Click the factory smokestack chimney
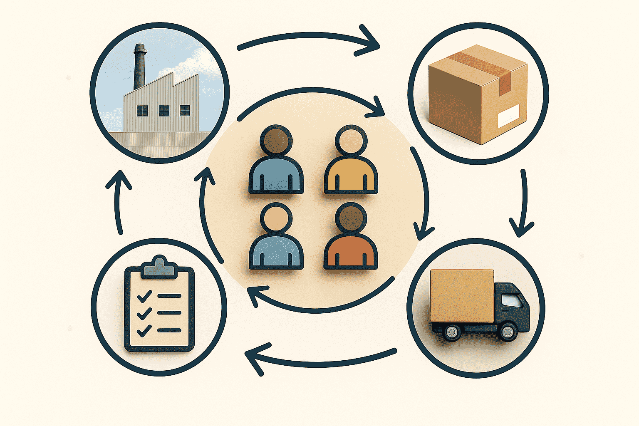pyautogui.click(x=140, y=67)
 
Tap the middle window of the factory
pyautogui.click(x=164, y=110)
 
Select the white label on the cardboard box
pyautogui.click(x=508, y=115)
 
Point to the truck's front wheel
pyautogui.click(x=508, y=332)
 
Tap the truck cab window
pyautogui.click(x=512, y=300)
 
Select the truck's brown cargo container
pyautogui.click(x=462, y=295)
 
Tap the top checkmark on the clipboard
pyautogui.click(x=144, y=296)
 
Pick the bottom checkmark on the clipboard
pyautogui.click(x=144, y=331)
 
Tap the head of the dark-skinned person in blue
pyautogui.click(x=276, y=139)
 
